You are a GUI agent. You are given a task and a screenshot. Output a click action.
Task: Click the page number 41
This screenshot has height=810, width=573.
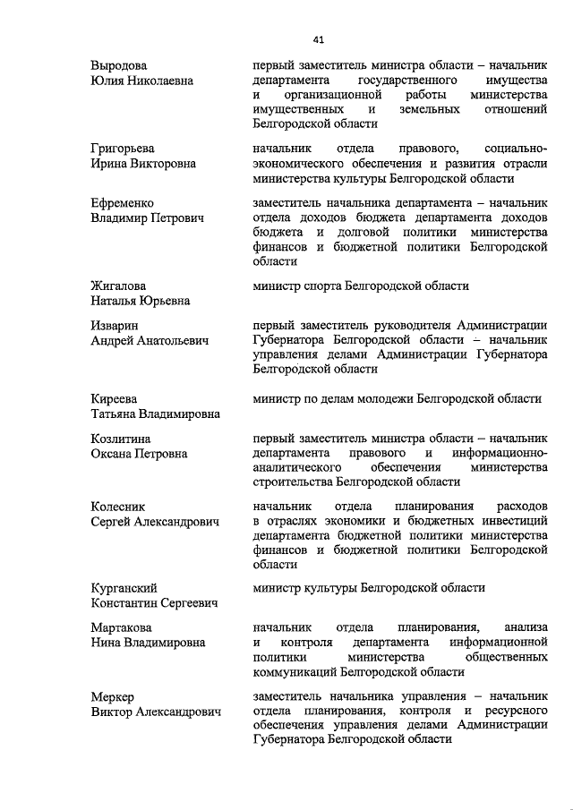pos(318,38)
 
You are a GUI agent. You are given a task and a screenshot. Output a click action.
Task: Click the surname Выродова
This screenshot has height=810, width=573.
pos(119,65)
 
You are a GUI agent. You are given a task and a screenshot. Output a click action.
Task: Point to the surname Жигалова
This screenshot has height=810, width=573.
pos(120,286)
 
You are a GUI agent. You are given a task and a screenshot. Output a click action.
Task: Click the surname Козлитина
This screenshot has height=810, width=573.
pos(121,439)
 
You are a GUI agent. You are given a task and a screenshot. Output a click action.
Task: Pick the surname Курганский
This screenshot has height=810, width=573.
pos(124,588)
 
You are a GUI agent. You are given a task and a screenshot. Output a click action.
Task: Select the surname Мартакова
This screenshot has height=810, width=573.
pos(123,627)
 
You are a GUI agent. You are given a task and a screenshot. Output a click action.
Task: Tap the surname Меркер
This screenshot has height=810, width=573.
pos(113,696)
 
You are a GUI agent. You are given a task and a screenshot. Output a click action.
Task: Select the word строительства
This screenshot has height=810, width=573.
pos(292,482)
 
